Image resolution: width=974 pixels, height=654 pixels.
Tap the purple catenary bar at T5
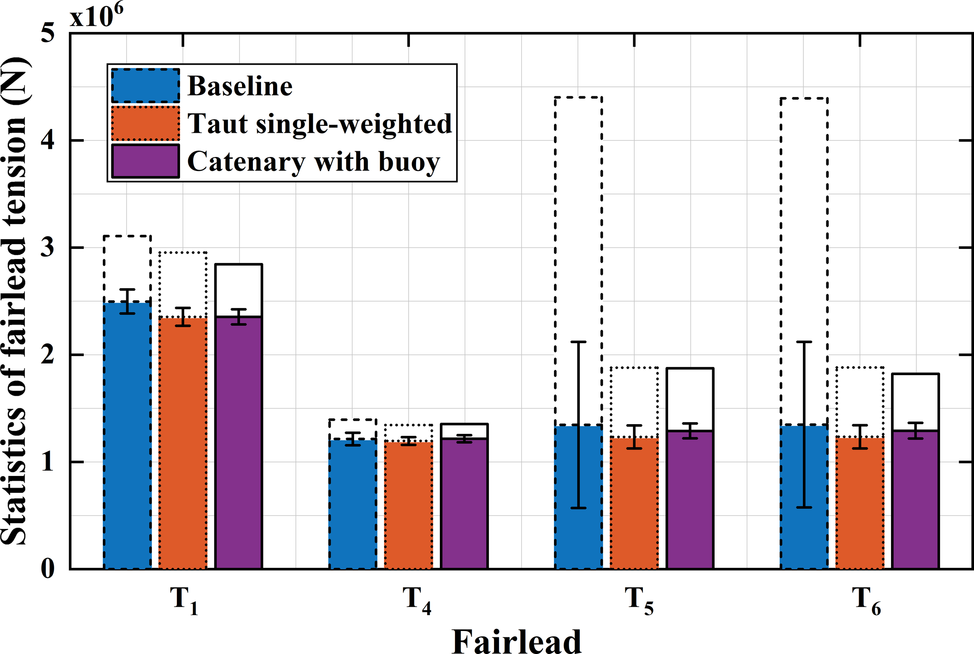690,501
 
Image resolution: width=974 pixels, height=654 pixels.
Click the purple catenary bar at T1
238,442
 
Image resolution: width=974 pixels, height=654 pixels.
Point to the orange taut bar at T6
860,505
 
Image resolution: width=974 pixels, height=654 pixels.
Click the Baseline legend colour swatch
146,86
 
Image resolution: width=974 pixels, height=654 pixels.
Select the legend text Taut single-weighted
319,124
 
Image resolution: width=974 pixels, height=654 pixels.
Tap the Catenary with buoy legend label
313,161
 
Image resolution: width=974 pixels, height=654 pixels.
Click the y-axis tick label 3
48,248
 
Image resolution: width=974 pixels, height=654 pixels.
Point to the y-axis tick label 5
48,33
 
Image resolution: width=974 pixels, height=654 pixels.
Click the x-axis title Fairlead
516,641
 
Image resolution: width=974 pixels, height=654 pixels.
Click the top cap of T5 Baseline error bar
578,342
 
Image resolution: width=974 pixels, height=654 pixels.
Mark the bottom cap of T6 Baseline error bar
804,508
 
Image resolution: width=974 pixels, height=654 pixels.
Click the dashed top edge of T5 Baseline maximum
578,97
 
